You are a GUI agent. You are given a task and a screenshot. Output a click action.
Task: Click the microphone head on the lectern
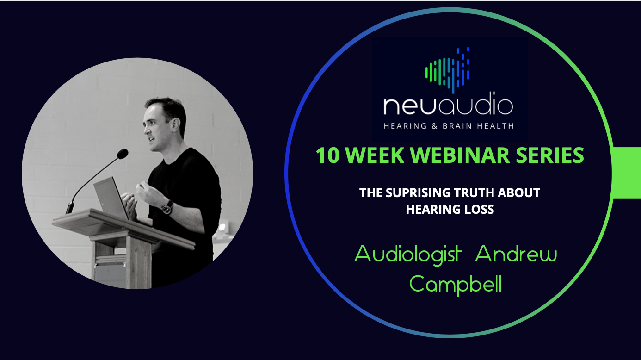click(x=122, y=154)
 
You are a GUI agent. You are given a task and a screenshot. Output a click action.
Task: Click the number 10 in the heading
click(x=327, y=156)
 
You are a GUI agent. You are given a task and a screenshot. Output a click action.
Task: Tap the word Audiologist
click(x=408, y=254)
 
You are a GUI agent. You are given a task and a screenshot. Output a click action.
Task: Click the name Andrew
click(x=516, y=254)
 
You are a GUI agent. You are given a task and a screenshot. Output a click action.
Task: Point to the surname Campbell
click(x=456, y=284)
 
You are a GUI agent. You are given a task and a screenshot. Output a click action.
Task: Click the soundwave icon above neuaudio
click(x=447, y=69)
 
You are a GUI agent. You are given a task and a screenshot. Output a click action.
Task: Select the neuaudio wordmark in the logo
click(x=448, y=106)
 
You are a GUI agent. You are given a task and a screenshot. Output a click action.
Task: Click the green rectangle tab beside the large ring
click(x=627, y=173)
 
